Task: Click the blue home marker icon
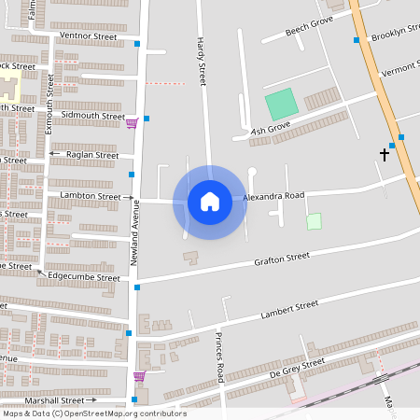(210, 202)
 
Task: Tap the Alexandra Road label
(273, 197)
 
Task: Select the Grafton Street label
(281, 258)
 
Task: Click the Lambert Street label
(289, 307)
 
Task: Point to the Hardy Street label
(201, 56)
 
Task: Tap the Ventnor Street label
(88, 36)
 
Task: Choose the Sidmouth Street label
(92, 116)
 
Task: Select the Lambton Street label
(91, 197)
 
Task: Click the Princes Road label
(220, 357)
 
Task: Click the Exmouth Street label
(49, 104)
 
